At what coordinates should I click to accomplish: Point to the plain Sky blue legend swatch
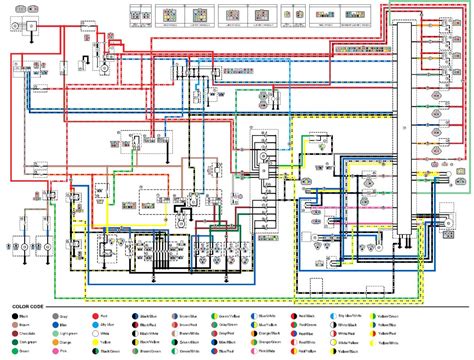coord(94,325)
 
